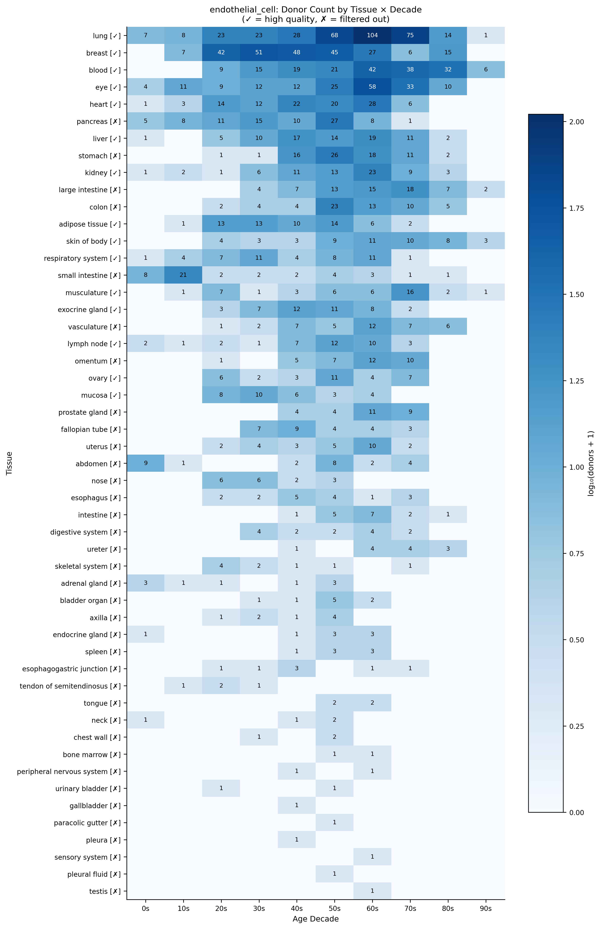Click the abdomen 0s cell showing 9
click(146, 464)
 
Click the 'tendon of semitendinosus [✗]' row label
click(70, 686)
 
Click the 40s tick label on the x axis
click(297, 909)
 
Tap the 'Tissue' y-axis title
click(9, 463)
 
